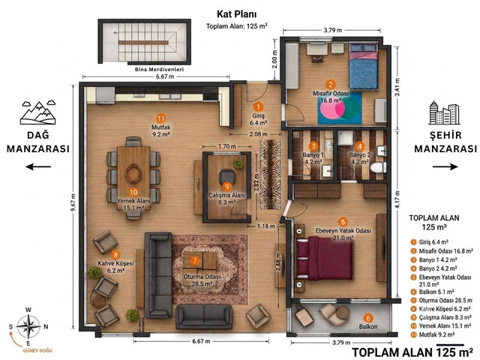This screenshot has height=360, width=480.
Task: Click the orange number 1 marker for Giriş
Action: [x=258, y=106]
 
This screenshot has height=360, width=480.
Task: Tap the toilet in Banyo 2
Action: [x=378, y=167]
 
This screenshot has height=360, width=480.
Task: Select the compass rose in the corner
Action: [x=28, y=326]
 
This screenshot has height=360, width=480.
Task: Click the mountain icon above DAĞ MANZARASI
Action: [x=38, y=112]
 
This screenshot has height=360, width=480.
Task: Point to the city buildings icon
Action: [x=445, y=112]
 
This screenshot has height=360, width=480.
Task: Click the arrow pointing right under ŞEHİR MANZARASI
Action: [x=445, y=166]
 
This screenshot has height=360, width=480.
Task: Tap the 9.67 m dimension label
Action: [x=73, y=202]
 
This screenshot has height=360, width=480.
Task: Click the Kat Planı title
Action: [x=237, y=14]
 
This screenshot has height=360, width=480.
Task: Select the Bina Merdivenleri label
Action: [x=159, y=70]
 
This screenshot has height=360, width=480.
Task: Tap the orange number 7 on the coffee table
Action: [x=195, y=261]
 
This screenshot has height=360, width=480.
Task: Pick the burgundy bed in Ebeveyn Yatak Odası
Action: [x=325, y=259]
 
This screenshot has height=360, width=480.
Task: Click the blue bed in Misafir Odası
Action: [x=364, y=67]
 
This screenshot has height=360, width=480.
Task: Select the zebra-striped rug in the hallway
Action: [x=270, y=175]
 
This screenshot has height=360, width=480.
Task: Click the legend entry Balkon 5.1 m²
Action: [x=433, y=292]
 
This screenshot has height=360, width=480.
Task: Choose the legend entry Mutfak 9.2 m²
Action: [x=433, y=334]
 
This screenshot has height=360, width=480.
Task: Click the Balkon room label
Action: [x=368, y=327]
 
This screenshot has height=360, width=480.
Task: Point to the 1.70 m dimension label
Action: [x=227, y=146]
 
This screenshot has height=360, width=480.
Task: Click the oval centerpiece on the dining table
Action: [x=133, y=173]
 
